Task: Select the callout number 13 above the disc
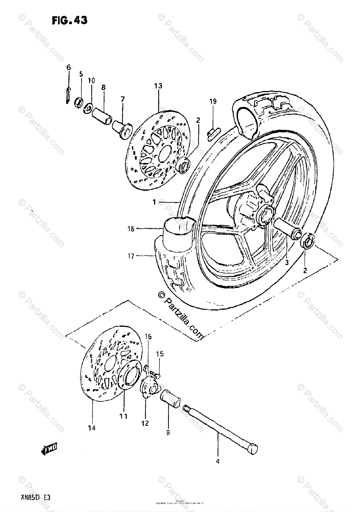[x=158, y=86]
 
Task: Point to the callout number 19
[x=212, y=101]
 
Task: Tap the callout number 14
[x=92, y=428]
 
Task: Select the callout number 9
[x=168, y=433]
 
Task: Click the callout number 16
[x=148, y=337]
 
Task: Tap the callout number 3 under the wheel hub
[x=287, y=262]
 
